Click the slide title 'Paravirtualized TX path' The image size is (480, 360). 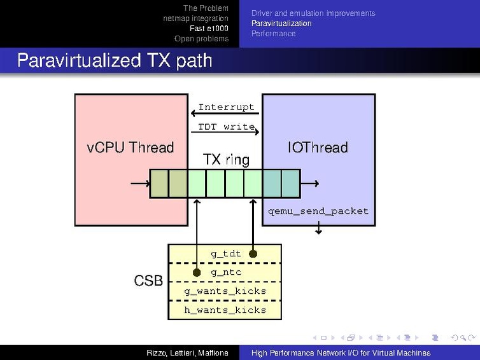(x=115, y=60)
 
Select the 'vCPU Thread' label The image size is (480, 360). (x=130, y=148)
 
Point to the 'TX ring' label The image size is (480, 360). (x=226, y=159)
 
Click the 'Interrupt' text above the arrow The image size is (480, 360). (x=226, y=107)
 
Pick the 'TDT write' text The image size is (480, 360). (x=226, y=127)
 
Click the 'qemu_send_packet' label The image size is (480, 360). (x=318, y=211)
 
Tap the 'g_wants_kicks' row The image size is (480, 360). (x=225, y=291)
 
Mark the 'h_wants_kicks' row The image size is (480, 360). (x=225, y=310)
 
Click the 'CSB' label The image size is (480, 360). (x=148, y=280)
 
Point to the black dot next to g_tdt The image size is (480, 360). (x=253, y=254)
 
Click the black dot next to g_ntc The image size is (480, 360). (x=197, y=272)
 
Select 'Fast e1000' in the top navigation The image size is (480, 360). (x=209, y=29)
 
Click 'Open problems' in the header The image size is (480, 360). (x=201, y=39)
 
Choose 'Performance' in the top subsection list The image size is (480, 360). (x=273, y=34)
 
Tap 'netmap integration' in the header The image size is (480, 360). (x=195, y=18)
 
